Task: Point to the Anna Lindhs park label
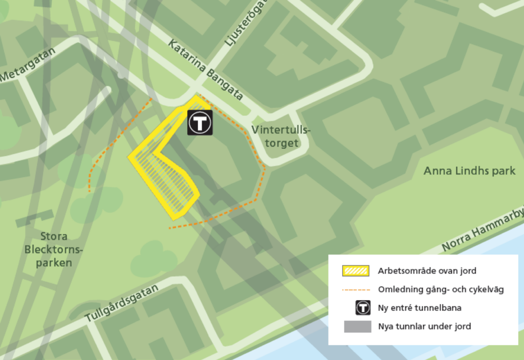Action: pos(469,171)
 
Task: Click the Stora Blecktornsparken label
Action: pos(49,250)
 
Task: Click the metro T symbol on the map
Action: pos(200,123)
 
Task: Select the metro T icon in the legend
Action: pos(363,308)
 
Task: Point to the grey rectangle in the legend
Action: pos(357,326)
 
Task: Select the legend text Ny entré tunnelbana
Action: pos(420,308)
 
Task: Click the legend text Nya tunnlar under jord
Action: pos(424,326)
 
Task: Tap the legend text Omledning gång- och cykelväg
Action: pos(441,289)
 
